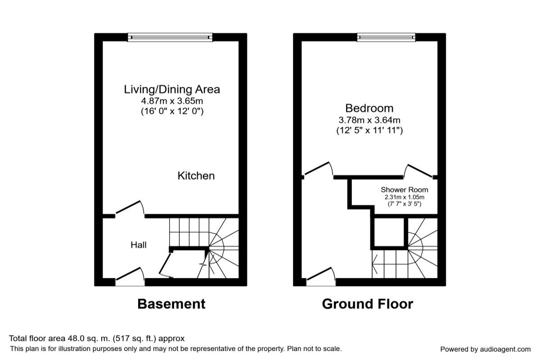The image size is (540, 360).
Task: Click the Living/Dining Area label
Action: pyautogui.click(x=172, y=89)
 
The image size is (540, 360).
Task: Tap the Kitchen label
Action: pyautogui.click(x=196, y=175)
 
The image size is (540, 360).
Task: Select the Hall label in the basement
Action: pyautogui.click(x=138, y=245)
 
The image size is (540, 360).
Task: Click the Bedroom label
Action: pyautogui.click(x=369, y=108)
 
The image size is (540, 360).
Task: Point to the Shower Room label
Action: pyautogui.click(x=405, y=189)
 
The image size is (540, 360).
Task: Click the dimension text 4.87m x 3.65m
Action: pyautogui.click(x=172, y=101)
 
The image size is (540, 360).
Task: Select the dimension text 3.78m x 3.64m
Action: pyautogui.click(x=369, y=120)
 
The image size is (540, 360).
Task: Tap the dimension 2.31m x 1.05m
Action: pyautogui.click(x=405, y=197)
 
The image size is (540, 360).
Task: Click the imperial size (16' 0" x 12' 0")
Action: pyautogui.click(x=172, y=111)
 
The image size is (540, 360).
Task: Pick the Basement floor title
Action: pyautogui.click(x=171, y=304)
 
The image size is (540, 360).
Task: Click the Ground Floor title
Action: pyautogui.click(x=367, y=304)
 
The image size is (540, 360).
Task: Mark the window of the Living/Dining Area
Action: pyautogui.click(x=170, y=37)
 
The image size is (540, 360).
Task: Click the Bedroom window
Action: pyautogui.click(x=386, y=37)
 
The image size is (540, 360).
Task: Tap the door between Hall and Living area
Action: pyautogui.click(x=130, y=209)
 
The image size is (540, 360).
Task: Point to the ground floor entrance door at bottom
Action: pyautogui.click(x=321, y=277)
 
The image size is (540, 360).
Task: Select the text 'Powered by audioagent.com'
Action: pyautogui.click(x=485, y=349)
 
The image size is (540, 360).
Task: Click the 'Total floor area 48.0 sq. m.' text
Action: pyautogui.click(x=97, y=338)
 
